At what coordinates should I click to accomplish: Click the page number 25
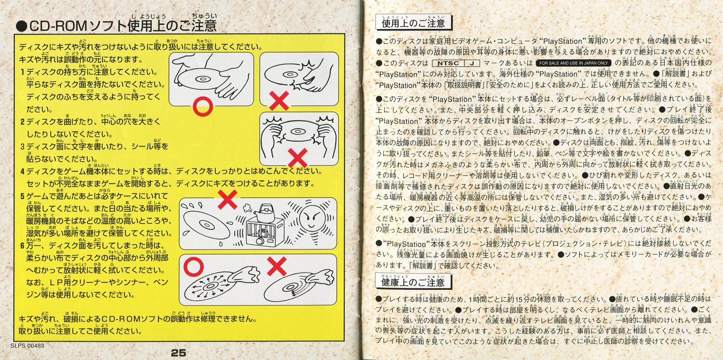pyautogui.click(x=178, y=353)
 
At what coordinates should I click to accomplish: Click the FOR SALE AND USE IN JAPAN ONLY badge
pyautogui.click(x=573, y=63)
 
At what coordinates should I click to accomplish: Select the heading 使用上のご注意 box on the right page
pyautogui.click(x=413, y=23)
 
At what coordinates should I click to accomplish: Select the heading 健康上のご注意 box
pyautogui.click(x=413, y=283)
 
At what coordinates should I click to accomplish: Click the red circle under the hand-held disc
pyautogui.click(x=202, y=107)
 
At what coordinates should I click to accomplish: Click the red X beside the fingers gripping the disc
pyautogui.click(x=279, y=101)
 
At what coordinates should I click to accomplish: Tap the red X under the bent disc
pyautogui.click(x=297, y=156)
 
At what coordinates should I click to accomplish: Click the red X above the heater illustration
pyautogui.click(x=227, y=199)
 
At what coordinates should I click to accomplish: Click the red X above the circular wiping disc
pyautogui.click(x=277, y=266)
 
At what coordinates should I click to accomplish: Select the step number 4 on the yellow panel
pyautogui.click(x=22, y=171)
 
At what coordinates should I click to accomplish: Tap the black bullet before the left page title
pyautogui.click(x=21, y=26)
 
